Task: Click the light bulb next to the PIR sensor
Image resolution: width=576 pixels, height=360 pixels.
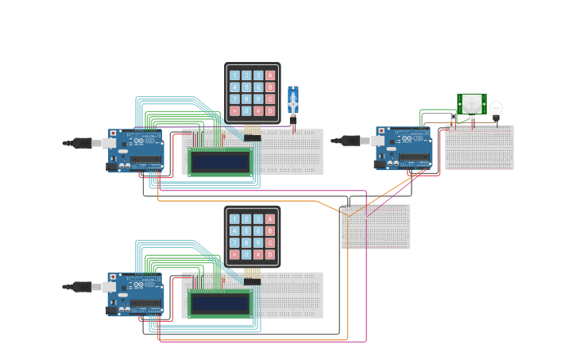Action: pos(496,109)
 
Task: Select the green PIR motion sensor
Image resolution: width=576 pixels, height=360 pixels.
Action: pos(472,103)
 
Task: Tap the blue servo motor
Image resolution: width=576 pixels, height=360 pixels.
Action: pos(293,102)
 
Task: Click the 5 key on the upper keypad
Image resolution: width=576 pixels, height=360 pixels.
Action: pos(246,87)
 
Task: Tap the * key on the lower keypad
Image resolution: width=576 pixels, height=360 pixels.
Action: pos(234,254)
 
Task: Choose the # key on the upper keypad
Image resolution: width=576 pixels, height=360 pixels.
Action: pos(258,110)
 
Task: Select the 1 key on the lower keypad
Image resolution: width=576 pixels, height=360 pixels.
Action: pos(234,219)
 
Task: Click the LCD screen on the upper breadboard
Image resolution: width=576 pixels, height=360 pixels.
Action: pos(220,162)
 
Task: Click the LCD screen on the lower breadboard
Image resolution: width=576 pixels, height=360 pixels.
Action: pos(220,304)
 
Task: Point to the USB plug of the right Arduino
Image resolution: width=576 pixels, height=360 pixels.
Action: pos(350,141)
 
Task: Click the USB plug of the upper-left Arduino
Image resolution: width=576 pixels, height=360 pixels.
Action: pos(82,143)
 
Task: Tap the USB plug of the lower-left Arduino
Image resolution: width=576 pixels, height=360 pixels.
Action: pos(82,286)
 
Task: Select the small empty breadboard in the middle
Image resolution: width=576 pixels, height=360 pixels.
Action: pos(376,226)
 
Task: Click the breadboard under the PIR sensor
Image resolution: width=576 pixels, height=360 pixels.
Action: pos(479,147)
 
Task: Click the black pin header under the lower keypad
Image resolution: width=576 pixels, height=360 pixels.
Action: pos(252,281)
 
